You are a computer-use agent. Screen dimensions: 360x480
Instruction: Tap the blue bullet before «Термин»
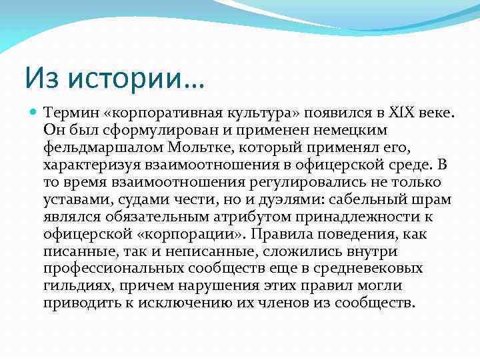pos(33,113)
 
